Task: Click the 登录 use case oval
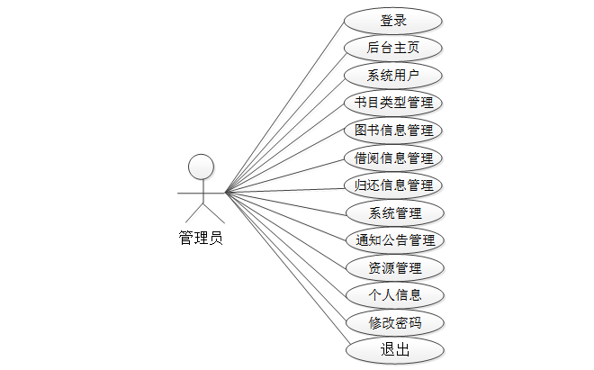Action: [393, 21]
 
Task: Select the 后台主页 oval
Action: [393, 48]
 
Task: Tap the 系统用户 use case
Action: [393, 76]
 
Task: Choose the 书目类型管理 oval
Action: [393, 103]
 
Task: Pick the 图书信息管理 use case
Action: [393, 131]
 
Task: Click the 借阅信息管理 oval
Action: [393, 158]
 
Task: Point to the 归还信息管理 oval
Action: [393, 185]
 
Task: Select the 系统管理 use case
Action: [393, 213]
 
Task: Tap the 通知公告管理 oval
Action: [393, 240]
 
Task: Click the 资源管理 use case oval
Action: [393, 267]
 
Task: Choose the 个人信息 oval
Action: [393, 294]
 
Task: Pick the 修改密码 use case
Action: [393, 322]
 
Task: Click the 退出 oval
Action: [393, 349]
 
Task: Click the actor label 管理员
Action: [201, 239]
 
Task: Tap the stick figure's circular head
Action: [201, 167]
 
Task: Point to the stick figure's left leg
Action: [193, 213]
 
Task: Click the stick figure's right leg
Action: [211, 213]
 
